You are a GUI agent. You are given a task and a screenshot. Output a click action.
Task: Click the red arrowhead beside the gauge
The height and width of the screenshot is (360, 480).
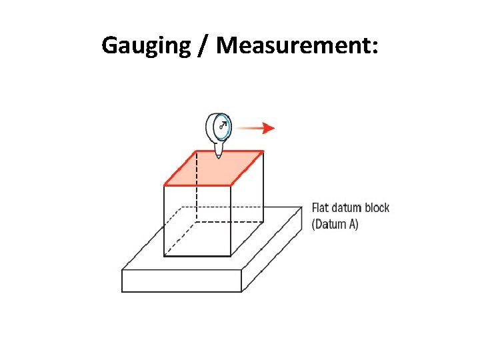pyautogui.click(x=268, y=129)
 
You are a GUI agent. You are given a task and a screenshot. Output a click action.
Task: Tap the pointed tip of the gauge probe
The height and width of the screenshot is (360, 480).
pyautogui.click(x=219, y=157)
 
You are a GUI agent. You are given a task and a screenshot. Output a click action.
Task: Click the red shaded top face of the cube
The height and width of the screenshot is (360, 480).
pyautogui.click(x=213, y=168)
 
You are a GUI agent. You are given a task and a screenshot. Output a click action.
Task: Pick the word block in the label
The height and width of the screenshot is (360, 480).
pyautogui.click(x=377, y=208)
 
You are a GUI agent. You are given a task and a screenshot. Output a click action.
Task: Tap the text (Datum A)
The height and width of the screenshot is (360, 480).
pyautogui.click(x=335, y=224)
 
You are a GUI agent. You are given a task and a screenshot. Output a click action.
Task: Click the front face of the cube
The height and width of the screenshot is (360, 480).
pyautogui.click(x=197, y=220)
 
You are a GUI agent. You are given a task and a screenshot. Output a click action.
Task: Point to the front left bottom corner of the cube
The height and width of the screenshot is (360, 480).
pyautogui.click(x=165, y=256)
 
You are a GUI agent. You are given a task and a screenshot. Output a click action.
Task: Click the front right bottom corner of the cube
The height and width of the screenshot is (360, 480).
pyautogui.click(x=231, y=256)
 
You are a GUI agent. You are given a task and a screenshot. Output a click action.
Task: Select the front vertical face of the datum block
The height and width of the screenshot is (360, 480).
pyautogui.click(x=181, y=281)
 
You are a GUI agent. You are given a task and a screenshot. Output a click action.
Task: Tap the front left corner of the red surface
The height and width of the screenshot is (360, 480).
pyautogui.click(x=165, y=185)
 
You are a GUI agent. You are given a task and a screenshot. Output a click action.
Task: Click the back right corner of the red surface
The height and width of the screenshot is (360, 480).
pyautogui.click(x=263, y=152)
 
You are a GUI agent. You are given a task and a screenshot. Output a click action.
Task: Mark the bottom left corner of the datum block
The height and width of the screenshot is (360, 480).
pyautogui.click(x=122, y=291)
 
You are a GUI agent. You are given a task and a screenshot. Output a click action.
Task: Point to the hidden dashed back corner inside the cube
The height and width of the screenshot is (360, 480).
pyautogui.click(x=197, y=221)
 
